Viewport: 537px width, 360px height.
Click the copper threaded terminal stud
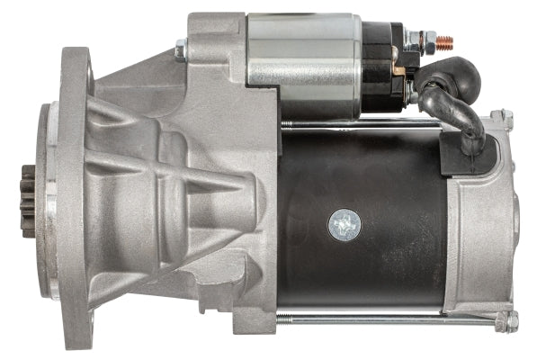[x=444, y=41]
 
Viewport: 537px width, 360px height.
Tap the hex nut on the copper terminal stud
[x=423, y=40]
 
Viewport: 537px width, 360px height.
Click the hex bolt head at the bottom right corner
[x=509, y=321]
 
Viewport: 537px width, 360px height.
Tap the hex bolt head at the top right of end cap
[x=506, y=117]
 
